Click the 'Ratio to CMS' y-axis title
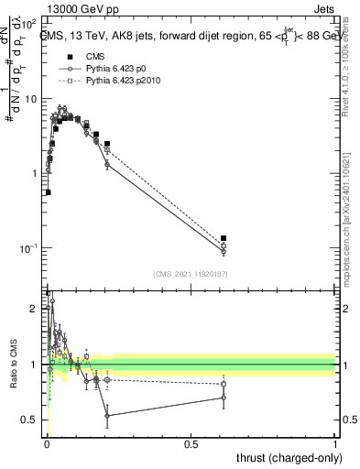click(14, 365)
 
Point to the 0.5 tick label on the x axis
click(191, 444)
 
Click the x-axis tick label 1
click(335, 444)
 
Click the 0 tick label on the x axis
click(47, 444)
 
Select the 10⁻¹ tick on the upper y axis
click(32, 248)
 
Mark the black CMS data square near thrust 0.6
click(224, 238)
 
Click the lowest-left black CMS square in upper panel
click(48, 192)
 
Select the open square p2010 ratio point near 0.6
click(224, 384)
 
